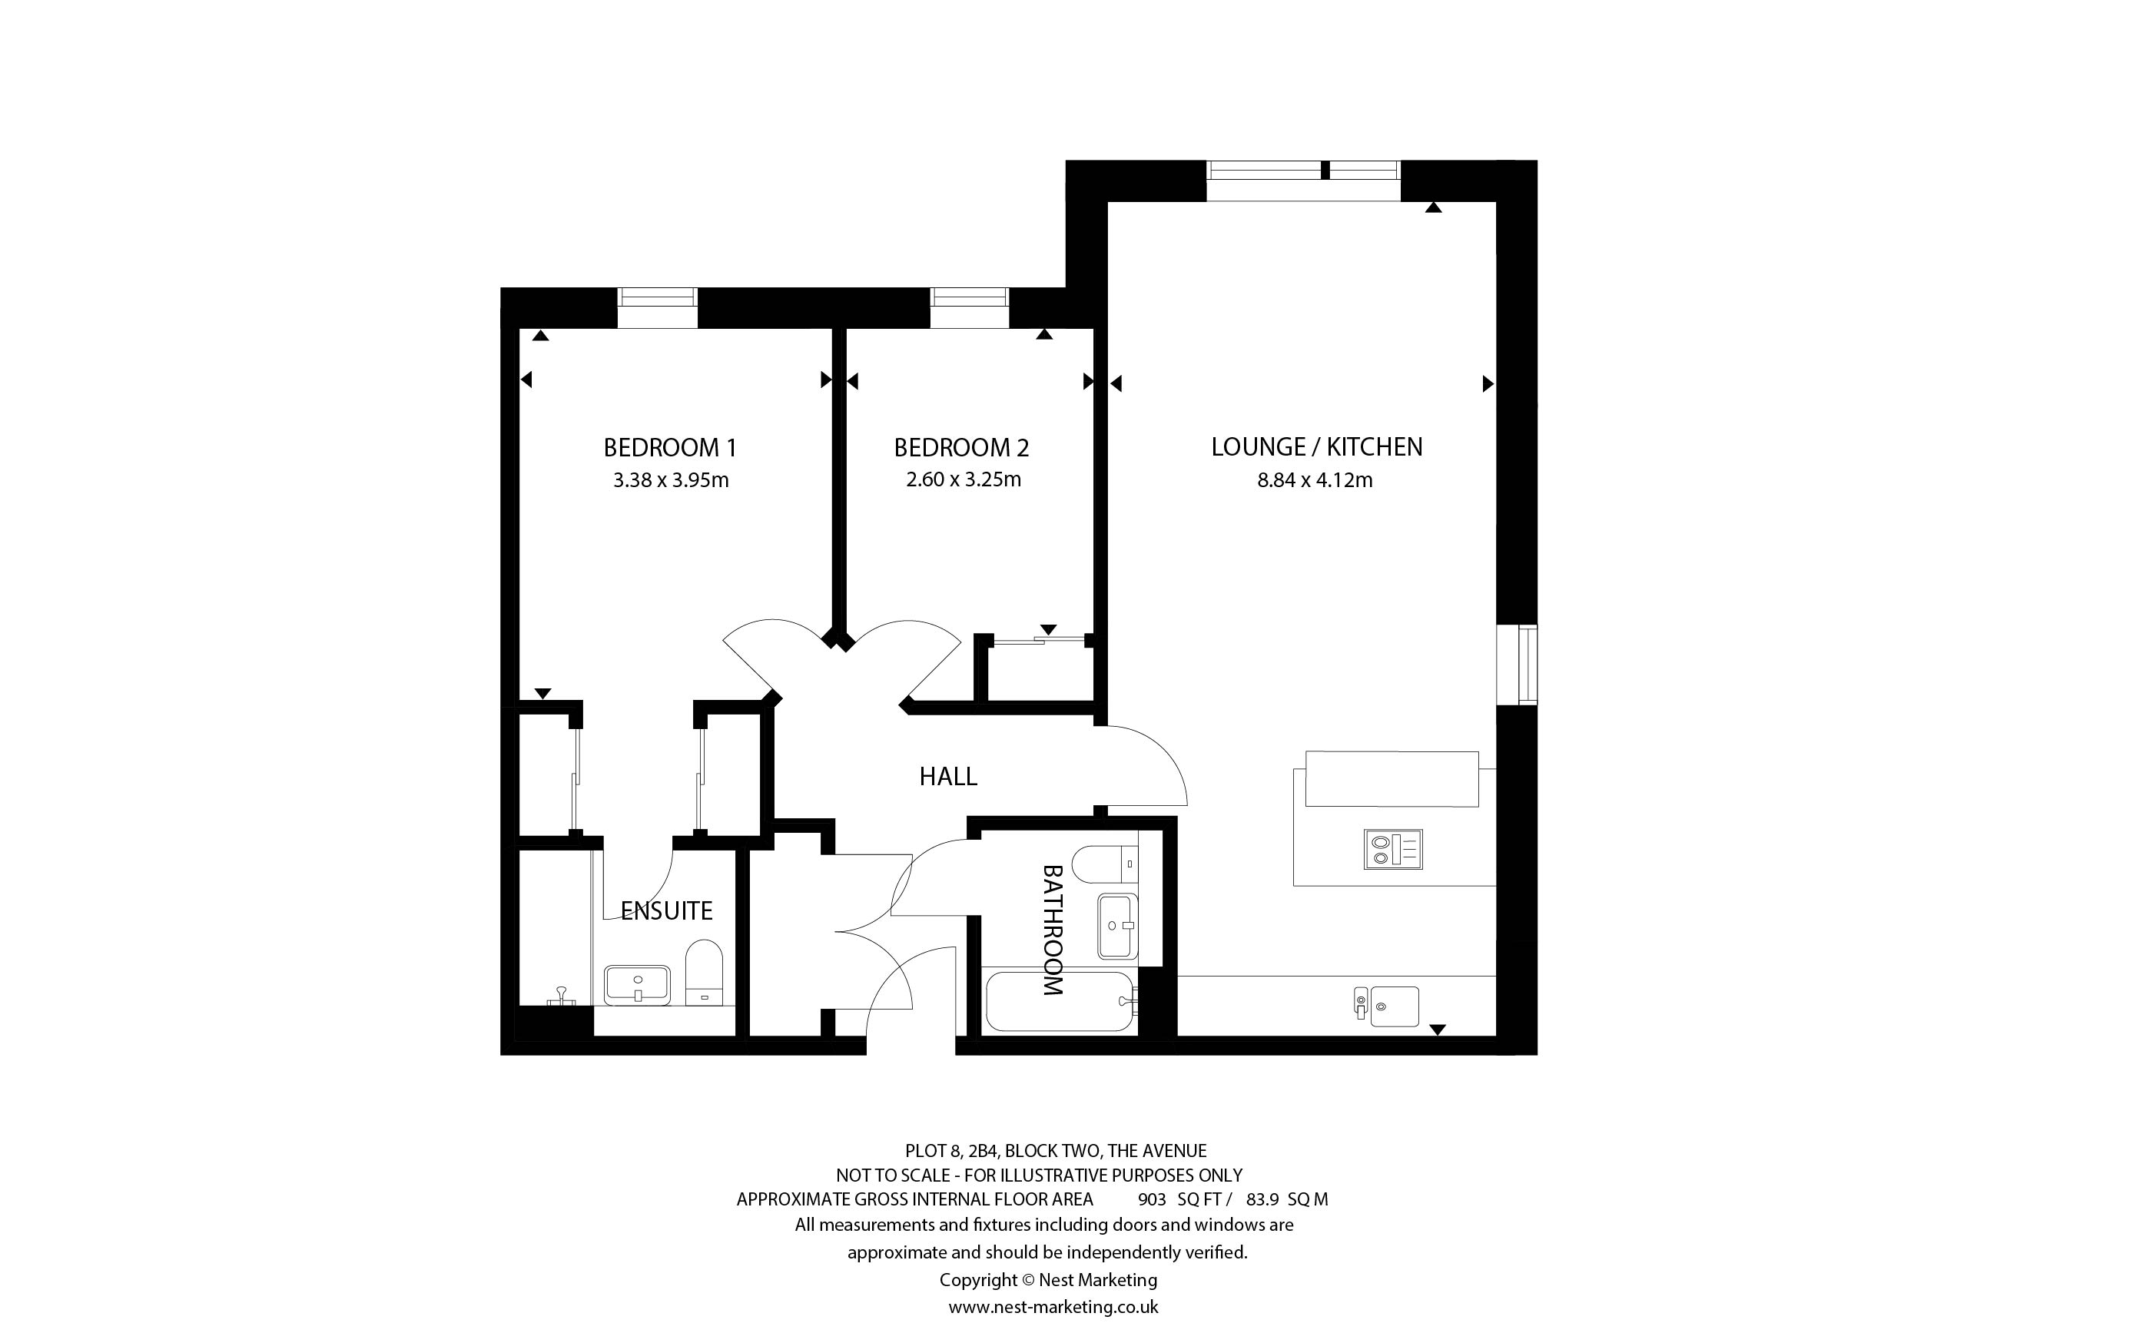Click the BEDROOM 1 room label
(670, 448)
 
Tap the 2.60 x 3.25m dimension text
(964, 479)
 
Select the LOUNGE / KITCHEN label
(1317, 447)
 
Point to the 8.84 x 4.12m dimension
(1315, 480)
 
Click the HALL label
(948, 777)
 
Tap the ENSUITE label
(666, 910)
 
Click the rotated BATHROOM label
(1053, 930)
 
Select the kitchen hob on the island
(1392, 849)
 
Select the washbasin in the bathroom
(1118, 926)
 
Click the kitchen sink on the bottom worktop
(1388, 1006)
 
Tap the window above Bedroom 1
(658, 307)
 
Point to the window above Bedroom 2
(970, 307)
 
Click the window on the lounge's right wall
(1517, 665)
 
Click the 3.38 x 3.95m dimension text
(671, 480)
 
